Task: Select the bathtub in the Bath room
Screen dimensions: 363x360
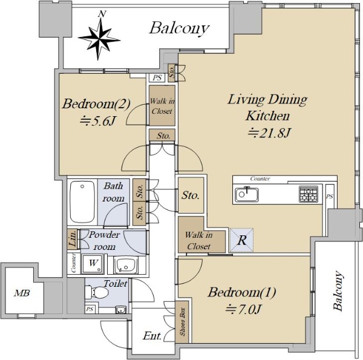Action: pos(82,202)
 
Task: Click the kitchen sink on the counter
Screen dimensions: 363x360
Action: pos(247,194)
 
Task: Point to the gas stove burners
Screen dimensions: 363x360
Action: pos(308,194)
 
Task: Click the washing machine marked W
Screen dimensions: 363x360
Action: pos(93,264)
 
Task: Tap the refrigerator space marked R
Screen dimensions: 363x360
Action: pos(241,240)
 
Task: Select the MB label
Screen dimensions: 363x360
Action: pos(22,293)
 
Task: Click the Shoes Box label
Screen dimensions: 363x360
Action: pos(183,321)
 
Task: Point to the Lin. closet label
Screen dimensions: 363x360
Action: pos(73,240)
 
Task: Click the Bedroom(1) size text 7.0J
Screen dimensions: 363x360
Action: pos(244,309)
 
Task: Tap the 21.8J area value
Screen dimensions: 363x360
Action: pos(269,133)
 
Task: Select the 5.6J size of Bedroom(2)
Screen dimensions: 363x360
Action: pos(97,121)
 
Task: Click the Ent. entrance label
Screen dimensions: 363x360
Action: pos(152,336)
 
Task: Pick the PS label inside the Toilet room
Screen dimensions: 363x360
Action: pos(90,309)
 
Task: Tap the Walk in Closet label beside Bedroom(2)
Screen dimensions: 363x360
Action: pos(162,106)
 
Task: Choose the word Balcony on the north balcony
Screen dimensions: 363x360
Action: pos(180,28)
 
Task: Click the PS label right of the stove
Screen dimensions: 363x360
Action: pos(330,197)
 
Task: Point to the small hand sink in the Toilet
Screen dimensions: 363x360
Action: pos(120,310)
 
